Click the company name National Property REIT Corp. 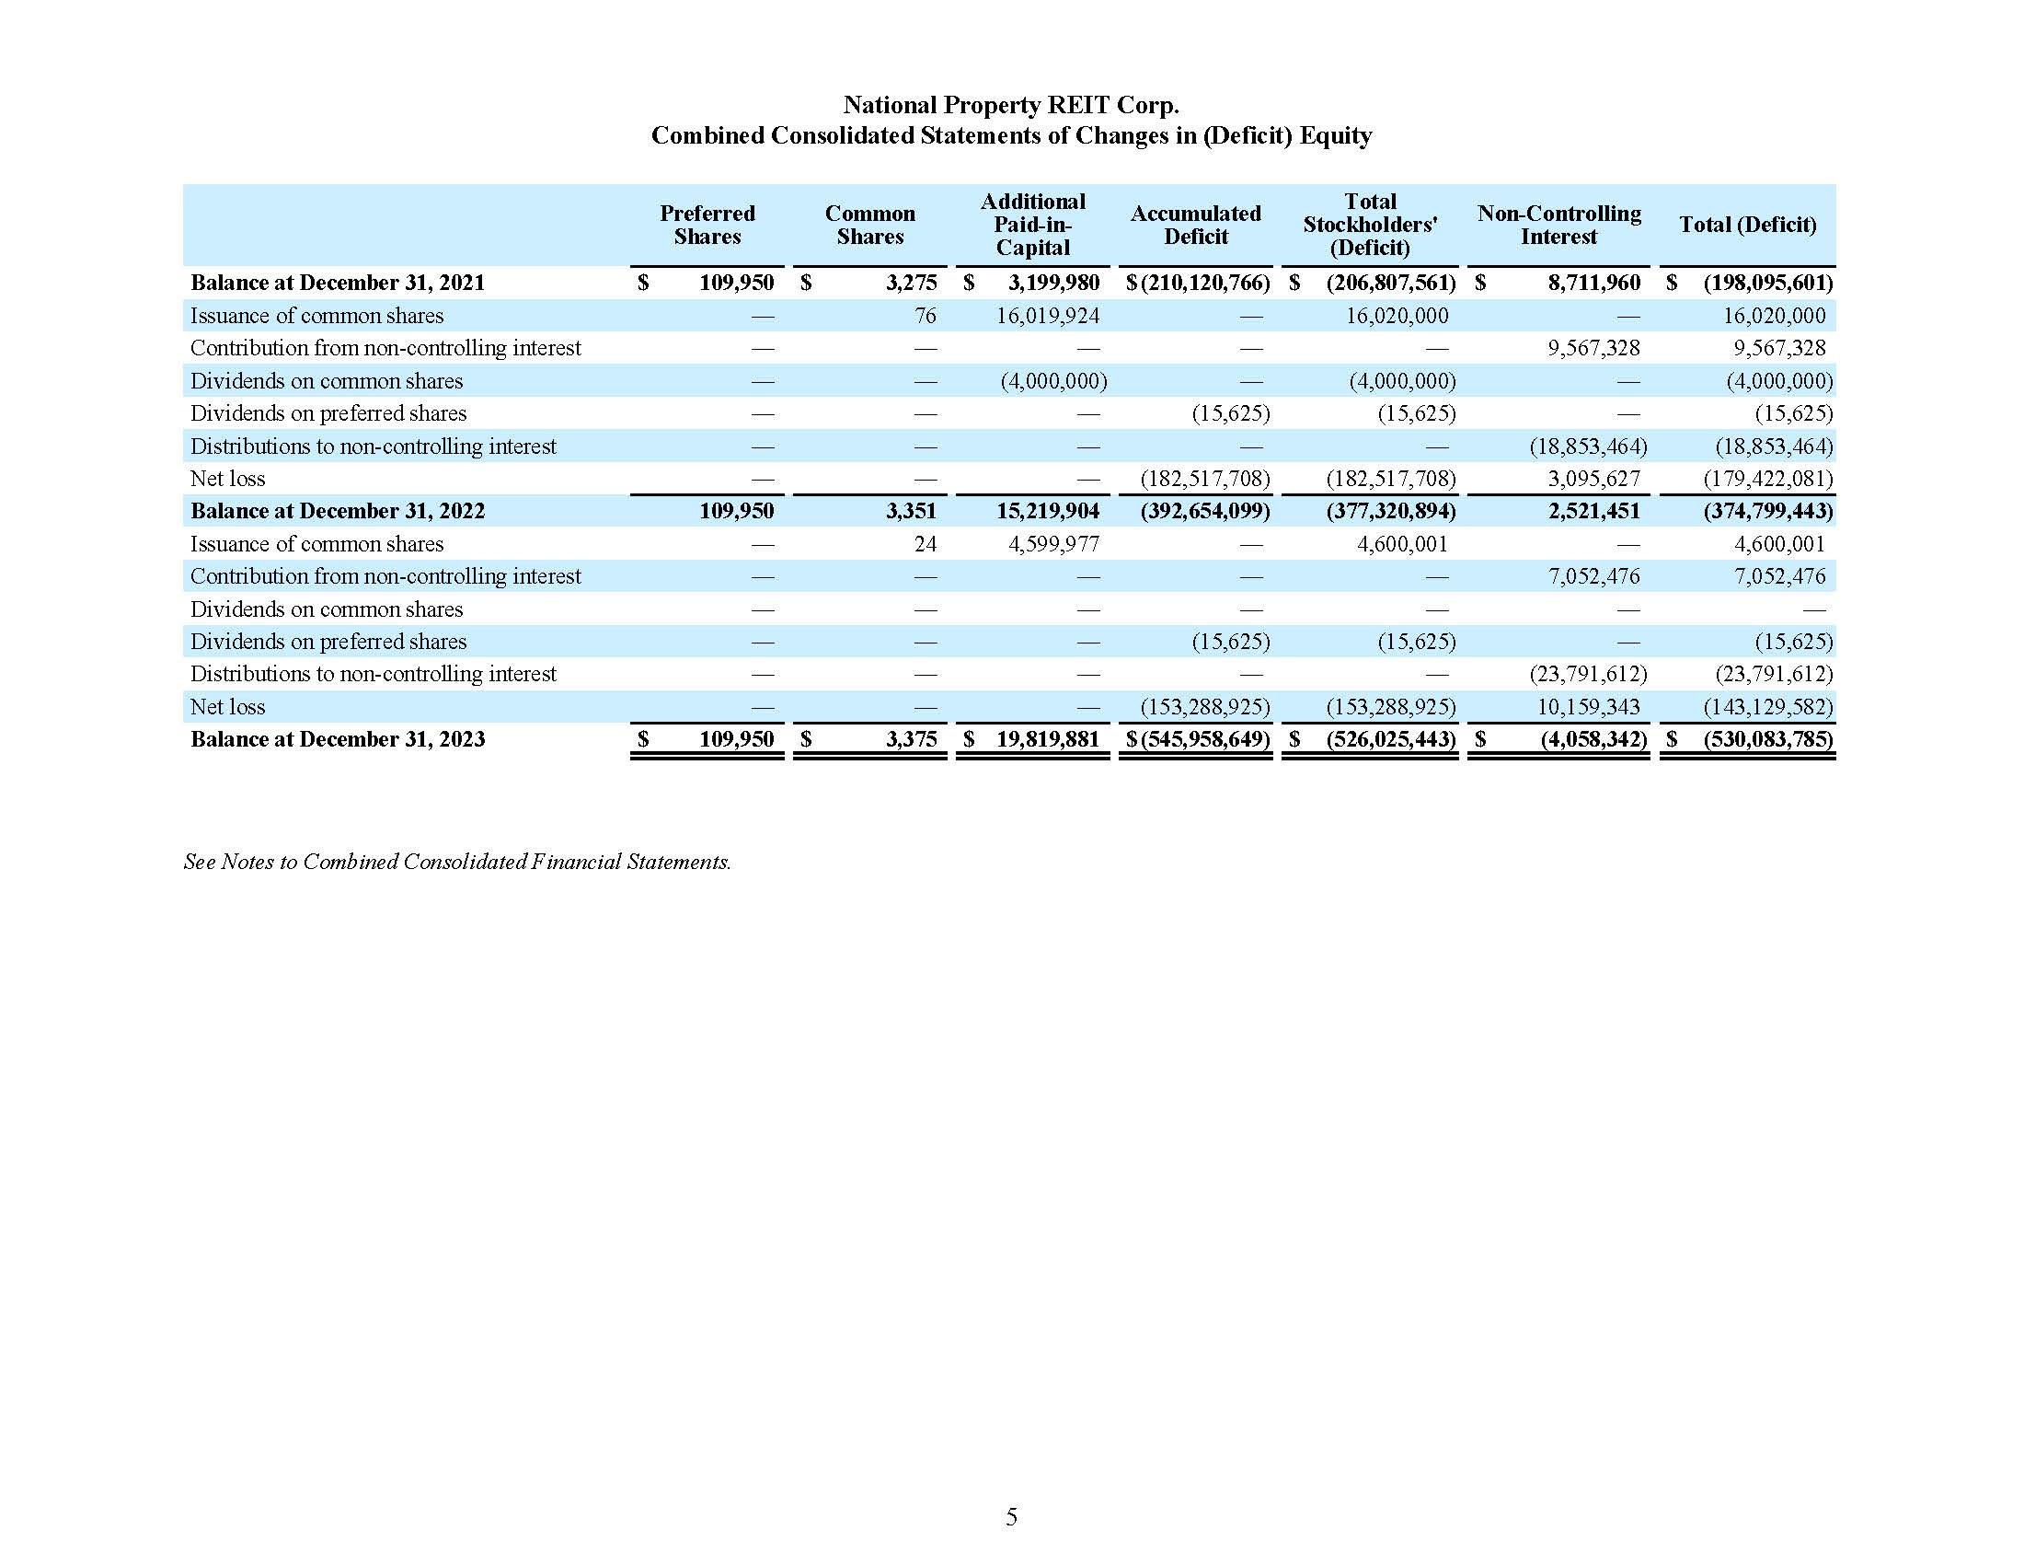point(1010,105)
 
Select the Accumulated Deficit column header point(1195,225)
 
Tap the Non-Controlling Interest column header point(1558,225)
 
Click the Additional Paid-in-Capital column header point(1032,225)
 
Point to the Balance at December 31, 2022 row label point(338,511)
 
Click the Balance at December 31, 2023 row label point(338,739)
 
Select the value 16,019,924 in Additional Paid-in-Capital point(1047,315)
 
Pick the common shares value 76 point(925,315)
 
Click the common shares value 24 point(925,543)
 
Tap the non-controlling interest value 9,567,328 point(1593,348)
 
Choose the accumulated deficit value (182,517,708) point(1205,479)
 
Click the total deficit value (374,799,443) point(1767,511)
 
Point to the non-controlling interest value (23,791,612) point(1588,674)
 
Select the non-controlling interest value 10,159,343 point(1588,706)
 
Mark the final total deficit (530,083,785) point(1767,739)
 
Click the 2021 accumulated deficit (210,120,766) point(1205,283)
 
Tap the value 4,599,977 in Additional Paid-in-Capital point(1052,543)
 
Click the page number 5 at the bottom point(1011,1516)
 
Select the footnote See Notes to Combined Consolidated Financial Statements point(457,862)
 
